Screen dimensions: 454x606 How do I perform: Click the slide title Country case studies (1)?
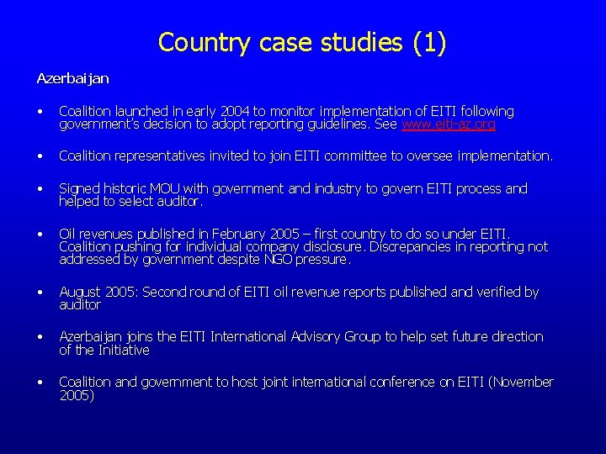[x=302, y=42]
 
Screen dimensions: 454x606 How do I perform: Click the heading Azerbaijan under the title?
[x=72, y=78]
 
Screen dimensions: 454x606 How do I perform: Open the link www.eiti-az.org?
[x=449, y=124]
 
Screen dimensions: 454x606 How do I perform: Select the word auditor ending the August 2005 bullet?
[x=80, y=304]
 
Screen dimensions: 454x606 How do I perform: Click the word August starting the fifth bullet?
[x=79, y=292]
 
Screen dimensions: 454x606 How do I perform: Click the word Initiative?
[x=123, y=350]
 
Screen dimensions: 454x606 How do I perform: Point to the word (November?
[x=522, y=382]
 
